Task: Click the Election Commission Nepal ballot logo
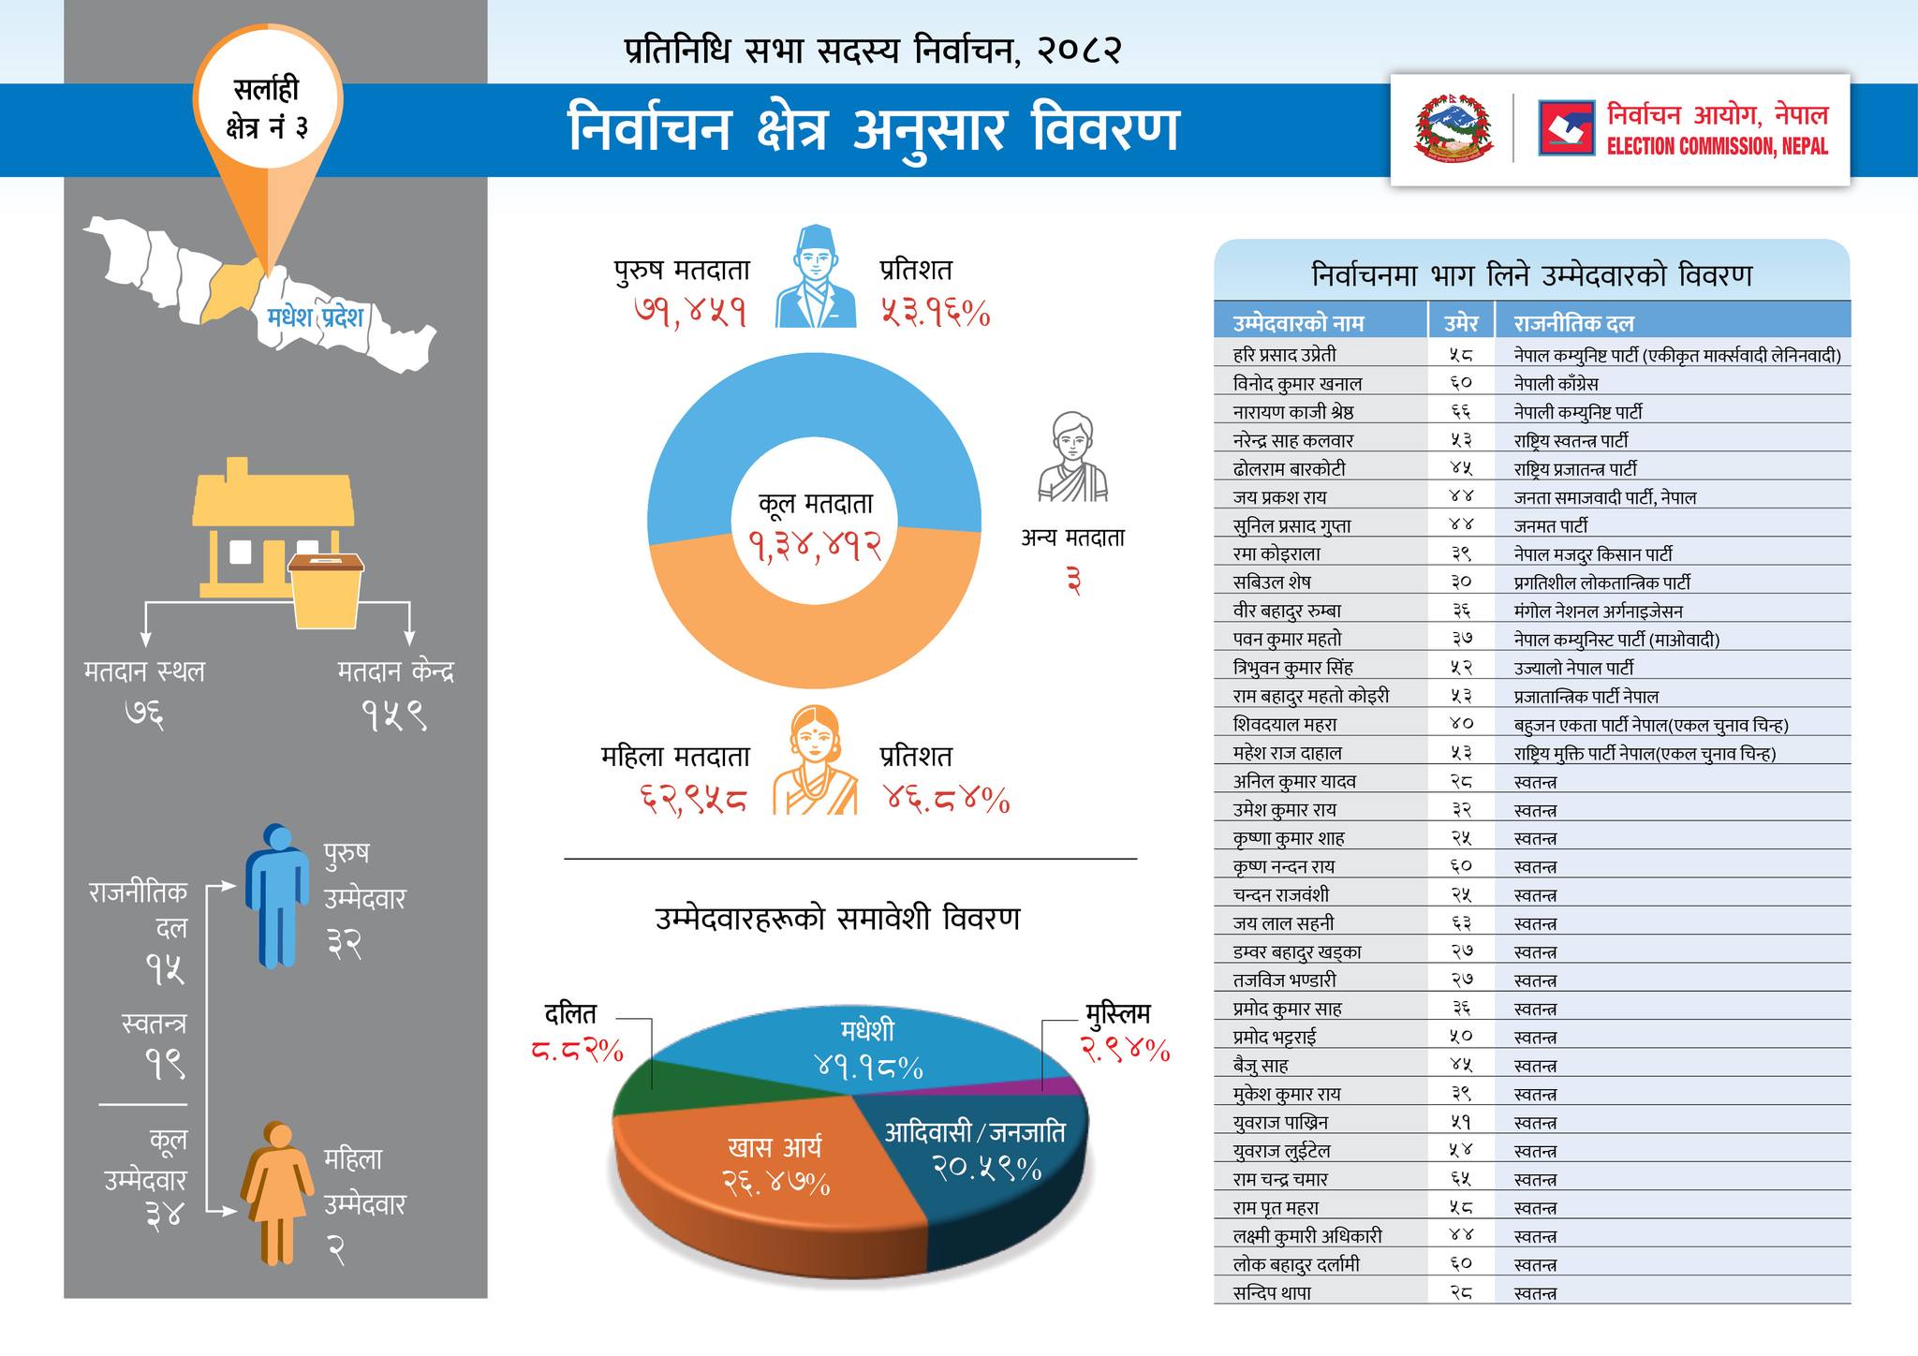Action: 1566,128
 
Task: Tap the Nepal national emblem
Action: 1454,128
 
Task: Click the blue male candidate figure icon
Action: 277,894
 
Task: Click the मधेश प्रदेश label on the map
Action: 315,317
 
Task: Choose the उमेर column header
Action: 1461,323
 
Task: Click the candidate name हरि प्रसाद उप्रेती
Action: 1285,355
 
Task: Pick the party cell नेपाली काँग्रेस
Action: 1556,383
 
